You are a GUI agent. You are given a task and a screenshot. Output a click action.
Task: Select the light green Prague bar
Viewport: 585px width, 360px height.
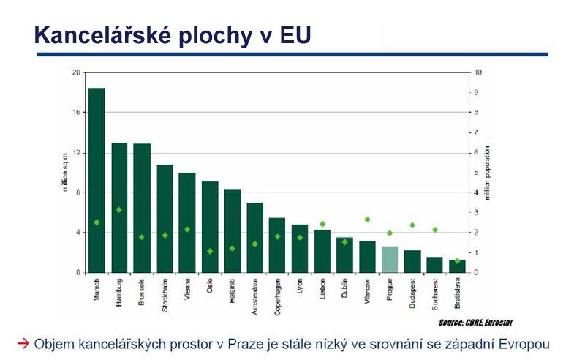coord(390,260)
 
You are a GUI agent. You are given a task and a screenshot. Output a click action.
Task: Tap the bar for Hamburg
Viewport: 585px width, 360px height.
coord(119,208)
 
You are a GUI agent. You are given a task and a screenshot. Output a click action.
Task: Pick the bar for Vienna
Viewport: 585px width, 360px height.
coord(187,222)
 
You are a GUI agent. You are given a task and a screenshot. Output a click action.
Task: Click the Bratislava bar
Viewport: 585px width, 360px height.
coord(458,266)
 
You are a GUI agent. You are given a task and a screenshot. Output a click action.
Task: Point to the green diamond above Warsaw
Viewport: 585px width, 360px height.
coord(367,220)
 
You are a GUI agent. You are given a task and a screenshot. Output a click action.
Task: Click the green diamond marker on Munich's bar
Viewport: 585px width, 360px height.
coord(97,222)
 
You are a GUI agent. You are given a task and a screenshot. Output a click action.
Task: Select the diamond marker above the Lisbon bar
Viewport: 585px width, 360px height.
coord(322,224)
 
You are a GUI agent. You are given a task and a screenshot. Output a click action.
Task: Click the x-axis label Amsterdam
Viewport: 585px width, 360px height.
coord(254,296)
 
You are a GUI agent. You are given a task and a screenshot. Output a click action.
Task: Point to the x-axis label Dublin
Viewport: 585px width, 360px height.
coord(344,290)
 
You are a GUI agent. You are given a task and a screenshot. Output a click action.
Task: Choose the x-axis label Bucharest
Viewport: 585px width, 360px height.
coord(434,294)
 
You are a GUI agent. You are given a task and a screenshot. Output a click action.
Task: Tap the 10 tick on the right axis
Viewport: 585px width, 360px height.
coord(478,72)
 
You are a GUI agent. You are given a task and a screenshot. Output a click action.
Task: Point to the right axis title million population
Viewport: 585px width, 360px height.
coord(491,173)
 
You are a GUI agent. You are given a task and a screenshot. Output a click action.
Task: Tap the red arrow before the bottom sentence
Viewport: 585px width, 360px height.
coord(23,342)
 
